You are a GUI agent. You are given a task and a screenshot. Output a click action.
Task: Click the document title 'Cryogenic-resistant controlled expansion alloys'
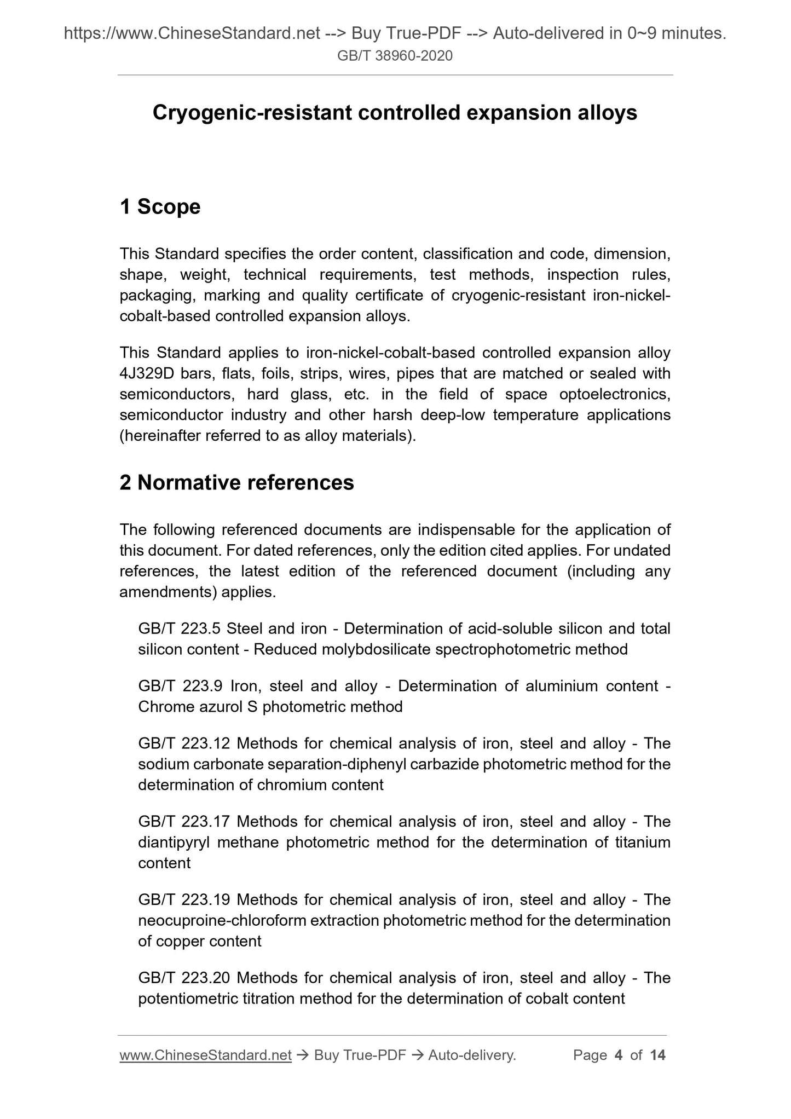[x=395, y=113]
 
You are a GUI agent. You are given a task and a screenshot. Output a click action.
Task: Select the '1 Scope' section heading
[x=160, y=206]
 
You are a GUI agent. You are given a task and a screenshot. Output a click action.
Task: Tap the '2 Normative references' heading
[x=236, y=482]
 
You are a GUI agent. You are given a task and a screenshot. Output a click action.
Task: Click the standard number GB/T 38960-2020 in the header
[x=395, y=56]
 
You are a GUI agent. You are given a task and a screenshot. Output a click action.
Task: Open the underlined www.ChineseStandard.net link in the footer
[x=205, y=1055]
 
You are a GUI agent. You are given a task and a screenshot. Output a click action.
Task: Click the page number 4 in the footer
[x=619, y=1055]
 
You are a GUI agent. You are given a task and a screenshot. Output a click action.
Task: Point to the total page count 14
[x=657, y=1055]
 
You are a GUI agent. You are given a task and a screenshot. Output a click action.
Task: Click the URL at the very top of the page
[x=192, y=34]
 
